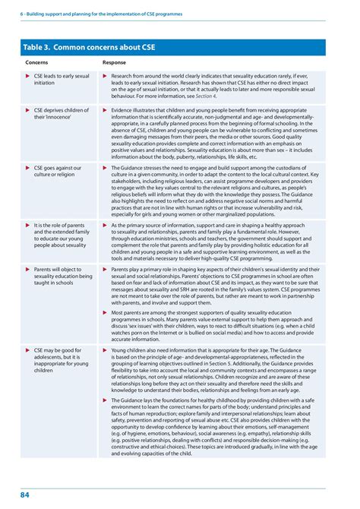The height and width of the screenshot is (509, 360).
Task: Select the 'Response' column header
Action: click(114, 62)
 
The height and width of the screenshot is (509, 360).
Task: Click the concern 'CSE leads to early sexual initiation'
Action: click(61, 80)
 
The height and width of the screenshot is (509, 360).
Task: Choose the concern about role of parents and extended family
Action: click(61, 235)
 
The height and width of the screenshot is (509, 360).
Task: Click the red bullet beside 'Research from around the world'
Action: click(105, 77)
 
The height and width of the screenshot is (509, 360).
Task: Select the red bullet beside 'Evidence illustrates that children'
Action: click(105, 110)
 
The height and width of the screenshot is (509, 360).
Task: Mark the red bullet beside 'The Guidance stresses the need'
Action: click(105, 167)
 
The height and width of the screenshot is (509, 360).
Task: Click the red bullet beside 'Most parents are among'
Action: click(105, 311)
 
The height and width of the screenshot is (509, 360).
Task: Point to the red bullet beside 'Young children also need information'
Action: click(105, 350)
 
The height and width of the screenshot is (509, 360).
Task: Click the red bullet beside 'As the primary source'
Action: click(105, 225)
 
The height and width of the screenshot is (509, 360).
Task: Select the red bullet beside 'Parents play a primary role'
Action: click(105, 268)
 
